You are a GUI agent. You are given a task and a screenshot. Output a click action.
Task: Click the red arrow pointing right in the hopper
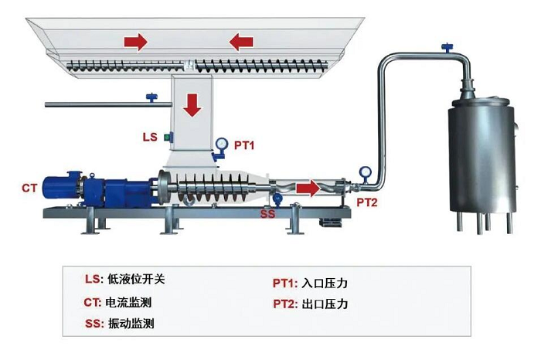pyautogui.click(x=136, y=41)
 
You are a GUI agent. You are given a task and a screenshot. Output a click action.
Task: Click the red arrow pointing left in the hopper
pyautogui.click(x=241, y=41)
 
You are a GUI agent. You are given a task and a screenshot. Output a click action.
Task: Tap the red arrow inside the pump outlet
pyautogui.click(x=308, y=188)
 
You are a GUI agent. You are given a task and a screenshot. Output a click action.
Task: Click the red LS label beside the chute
pyautogui.click(x=150, y=137)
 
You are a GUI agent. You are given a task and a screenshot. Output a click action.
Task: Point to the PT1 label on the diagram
pyautogui.click(x=244, y=144)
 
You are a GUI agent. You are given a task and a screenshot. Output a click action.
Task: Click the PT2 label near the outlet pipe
pyautogui.click(x=366, y=202)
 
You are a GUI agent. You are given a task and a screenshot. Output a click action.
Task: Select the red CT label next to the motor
pyautogui.click(x=30, y=188)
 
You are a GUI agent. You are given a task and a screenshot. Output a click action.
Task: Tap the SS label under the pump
pyautogui.click(x=267, y=212)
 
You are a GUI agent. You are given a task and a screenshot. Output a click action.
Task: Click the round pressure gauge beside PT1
pyautogui.click(x=223, y=144)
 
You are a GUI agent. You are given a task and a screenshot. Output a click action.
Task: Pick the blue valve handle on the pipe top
pyautogui.click(x=446, y=49)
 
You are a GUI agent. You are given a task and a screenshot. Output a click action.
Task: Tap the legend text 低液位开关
pyautogui.click(x=139, y=280)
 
